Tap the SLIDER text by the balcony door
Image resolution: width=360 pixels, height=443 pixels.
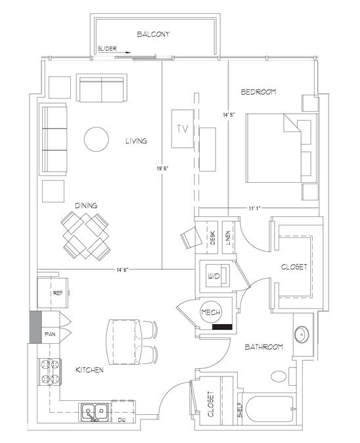pyautogui.click(x=106, y=49)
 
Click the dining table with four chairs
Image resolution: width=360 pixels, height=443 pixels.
pyautogui.click(x=86, y=236)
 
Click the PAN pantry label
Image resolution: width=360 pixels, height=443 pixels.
pyautogui.click(x=50, y=335)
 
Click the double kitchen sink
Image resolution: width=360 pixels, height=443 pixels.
pyautogui.click(x=96, y=412)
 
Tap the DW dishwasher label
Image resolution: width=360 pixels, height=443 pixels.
pyautogui.click(x=122, y=419)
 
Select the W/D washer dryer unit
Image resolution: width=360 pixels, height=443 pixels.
pyautogui.click(x=214, y=277)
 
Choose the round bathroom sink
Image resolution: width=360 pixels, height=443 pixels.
pyautogui.click(x=304, y=334)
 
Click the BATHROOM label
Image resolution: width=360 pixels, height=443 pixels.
pyautogui.click(x=265, y=346)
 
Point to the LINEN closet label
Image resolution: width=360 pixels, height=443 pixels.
pyautogui.click(x=227, y=239)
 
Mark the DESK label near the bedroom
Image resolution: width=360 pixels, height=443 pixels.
pyautogui.click(x=213, y=239)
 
